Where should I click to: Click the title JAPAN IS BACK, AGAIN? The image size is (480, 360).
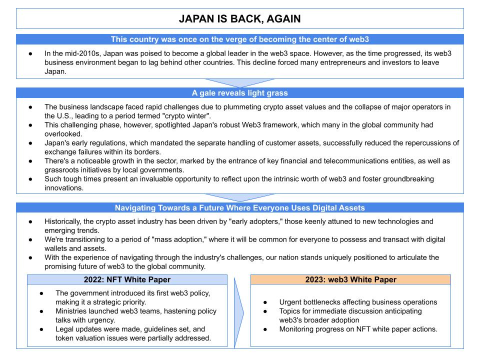click(x=240, y=19)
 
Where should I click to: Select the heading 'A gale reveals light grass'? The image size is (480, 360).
click(x=240, y=92)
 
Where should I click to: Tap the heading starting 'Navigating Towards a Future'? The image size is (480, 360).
click(x=240, y=208)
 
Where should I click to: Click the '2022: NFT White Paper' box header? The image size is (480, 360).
click(x=127, y=279)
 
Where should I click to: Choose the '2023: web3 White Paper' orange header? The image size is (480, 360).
click(x=350, y=279)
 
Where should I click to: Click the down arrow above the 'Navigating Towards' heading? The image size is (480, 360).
click(x=240, y=198)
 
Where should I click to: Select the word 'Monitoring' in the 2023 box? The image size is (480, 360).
click(x=299, y=329)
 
